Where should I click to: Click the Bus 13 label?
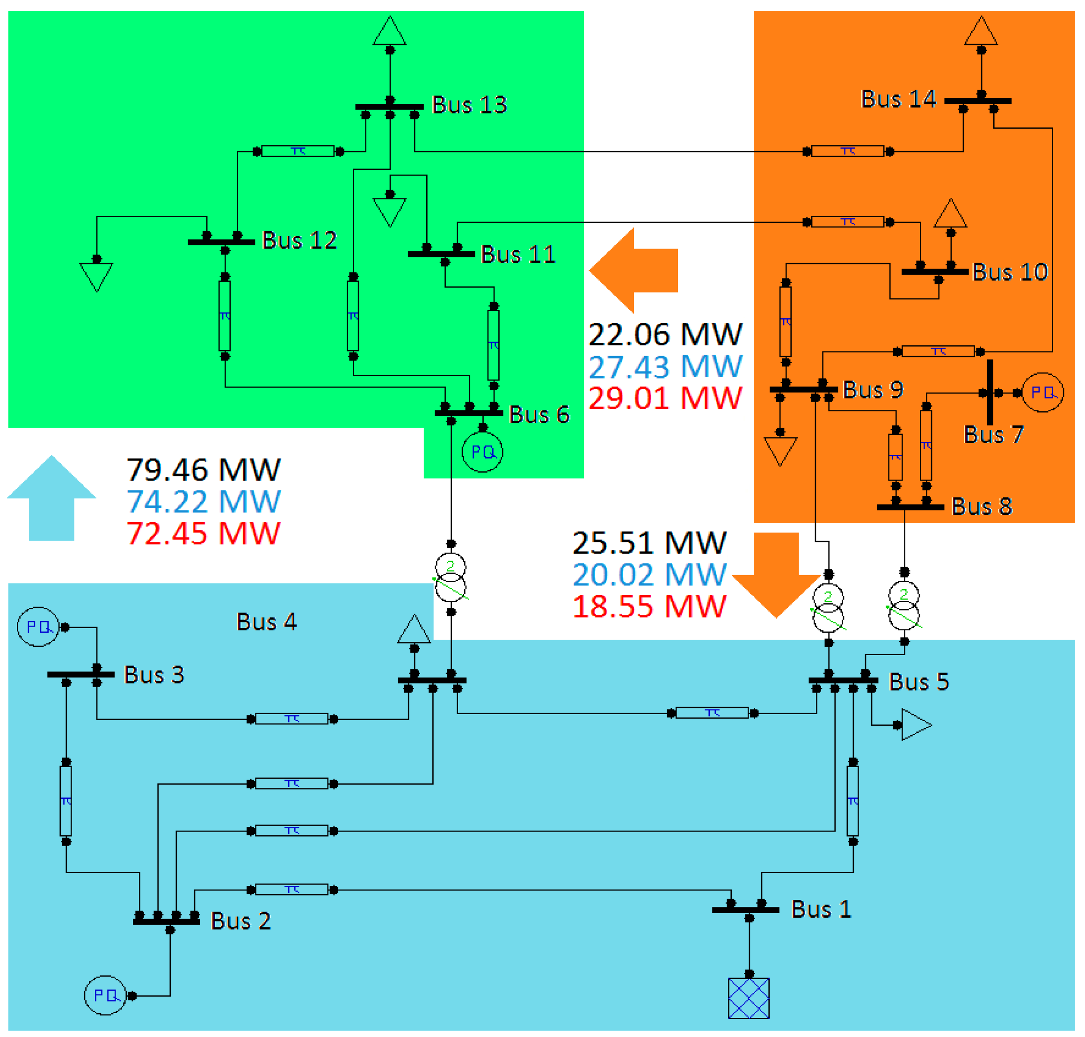tap(469, 105)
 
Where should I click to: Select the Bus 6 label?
tap(539, 415)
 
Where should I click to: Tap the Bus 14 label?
tap(898, 100)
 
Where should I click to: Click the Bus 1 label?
tap(821, 909)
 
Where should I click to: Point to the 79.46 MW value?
tap(204, 470)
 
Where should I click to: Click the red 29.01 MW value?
tap(665, 398)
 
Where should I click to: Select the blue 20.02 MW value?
tap(649, 575)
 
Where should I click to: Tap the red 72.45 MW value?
tap(204, 533)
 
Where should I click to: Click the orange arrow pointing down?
tap(776, 575)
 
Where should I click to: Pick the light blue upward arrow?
tap(51, 497)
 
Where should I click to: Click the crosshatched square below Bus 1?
tap(749, 998)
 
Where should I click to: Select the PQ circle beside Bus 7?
tap(1042, 393)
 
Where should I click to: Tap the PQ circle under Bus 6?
tap(482, 452)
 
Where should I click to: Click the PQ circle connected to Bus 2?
tap(105, 995)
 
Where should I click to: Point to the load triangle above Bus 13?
tap(390, 31)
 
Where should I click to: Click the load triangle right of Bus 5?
tap(915, 725)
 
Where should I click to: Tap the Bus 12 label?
tap(299, 241)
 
